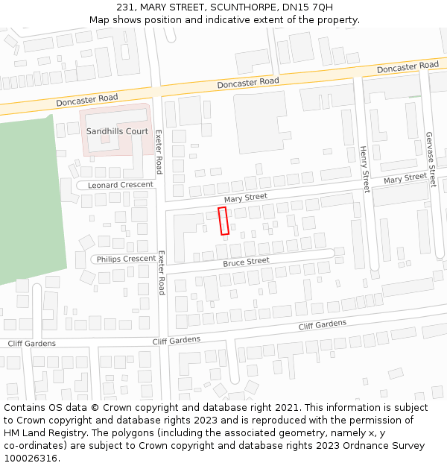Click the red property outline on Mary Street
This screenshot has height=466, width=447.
(223, 221)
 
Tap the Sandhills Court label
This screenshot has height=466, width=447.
(117, 131)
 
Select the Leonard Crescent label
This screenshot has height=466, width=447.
(120, 184)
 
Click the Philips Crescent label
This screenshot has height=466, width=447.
(124, 259)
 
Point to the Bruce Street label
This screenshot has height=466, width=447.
(246, 262)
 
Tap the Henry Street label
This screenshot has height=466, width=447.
(364, 170)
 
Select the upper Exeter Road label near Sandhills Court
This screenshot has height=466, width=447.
(158, 151)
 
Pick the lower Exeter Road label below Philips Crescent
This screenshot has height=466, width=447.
(161, 274)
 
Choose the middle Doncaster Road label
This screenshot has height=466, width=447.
(248, 82)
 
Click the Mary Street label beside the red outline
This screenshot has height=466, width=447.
(245, 198)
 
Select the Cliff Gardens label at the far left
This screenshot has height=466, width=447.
(31, 344)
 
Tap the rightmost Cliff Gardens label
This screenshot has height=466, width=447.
(323, 324)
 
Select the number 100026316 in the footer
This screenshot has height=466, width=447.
(30, 459)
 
